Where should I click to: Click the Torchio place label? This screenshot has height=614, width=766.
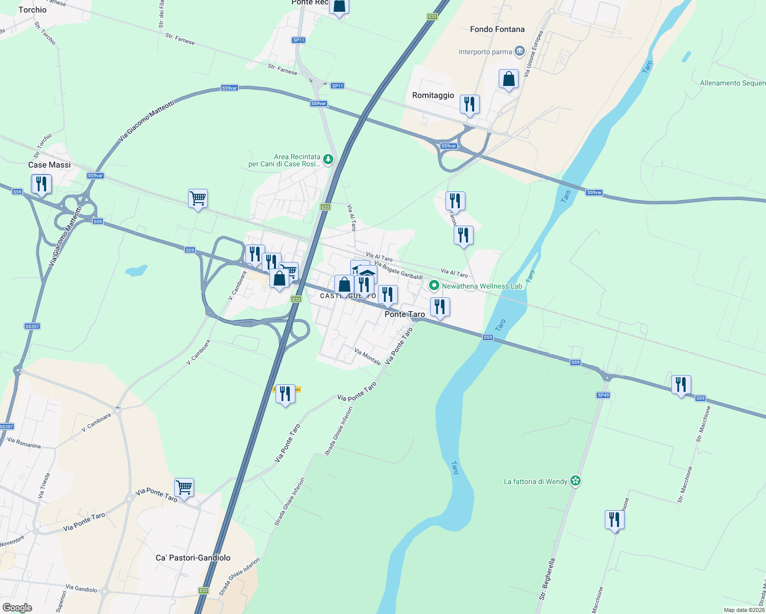point(32,10)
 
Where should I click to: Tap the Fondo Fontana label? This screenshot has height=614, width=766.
point(497,29)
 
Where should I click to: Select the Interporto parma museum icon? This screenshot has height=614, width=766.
point(520,51)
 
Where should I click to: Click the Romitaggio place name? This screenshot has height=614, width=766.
point(433,95)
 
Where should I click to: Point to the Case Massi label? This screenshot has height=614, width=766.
point(50,165)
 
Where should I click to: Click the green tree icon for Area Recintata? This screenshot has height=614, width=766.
point(328,159)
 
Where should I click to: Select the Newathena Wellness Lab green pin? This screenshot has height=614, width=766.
point(434,286)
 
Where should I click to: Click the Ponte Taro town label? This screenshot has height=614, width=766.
point(405,314)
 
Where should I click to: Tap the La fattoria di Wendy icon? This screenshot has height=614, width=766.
point(576,481)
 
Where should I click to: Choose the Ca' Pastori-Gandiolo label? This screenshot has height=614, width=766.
point(193,558)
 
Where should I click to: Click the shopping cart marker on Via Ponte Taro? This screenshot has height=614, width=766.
point(184,488)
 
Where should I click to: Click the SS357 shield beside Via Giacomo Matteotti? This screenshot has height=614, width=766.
point(32,326)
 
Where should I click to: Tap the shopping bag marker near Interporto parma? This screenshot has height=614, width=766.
point(508,79)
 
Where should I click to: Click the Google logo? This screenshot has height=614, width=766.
point(17,608)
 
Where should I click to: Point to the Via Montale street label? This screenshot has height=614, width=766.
point(368,357)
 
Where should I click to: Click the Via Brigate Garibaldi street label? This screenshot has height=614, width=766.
point(398,270)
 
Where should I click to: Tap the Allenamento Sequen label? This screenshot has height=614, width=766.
point(733,83)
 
